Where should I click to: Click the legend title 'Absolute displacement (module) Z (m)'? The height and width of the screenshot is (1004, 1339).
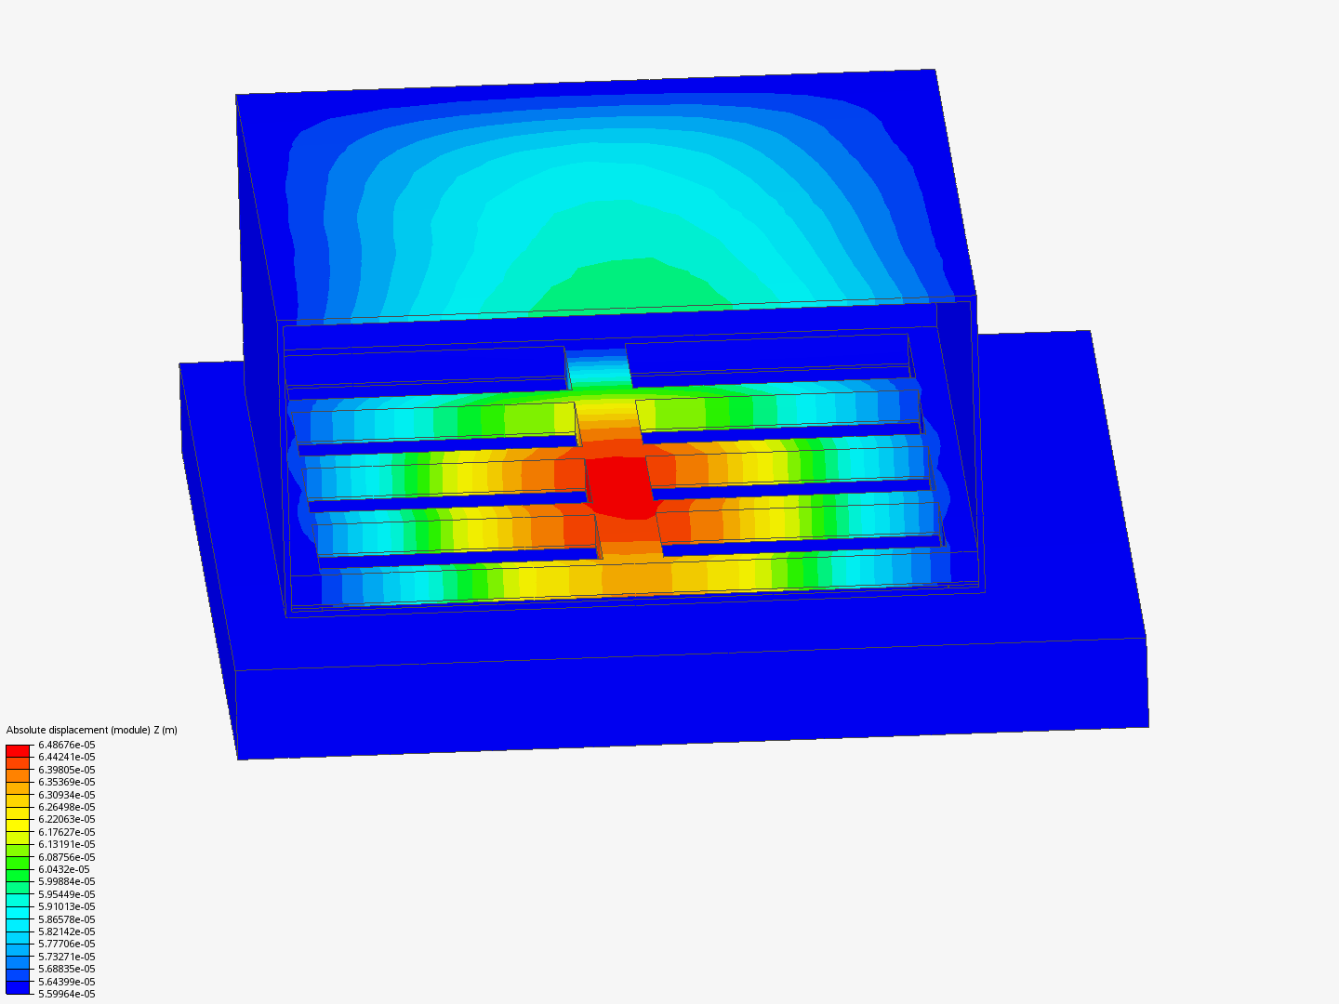coord(91,730)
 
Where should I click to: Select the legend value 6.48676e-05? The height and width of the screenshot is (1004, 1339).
coord(66,745)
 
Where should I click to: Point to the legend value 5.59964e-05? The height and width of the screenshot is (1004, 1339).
coord(66,994)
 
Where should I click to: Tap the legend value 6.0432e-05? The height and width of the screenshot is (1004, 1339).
coord(63,869)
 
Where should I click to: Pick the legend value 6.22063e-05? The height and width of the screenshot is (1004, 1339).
coord(66,819)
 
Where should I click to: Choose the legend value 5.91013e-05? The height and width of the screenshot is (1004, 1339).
coord(66,906)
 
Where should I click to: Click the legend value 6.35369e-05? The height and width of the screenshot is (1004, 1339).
coord(66,782)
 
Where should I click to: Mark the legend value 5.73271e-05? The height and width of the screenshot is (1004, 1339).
coord(66,957)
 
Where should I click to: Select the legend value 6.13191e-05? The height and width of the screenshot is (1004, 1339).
coord(66,844)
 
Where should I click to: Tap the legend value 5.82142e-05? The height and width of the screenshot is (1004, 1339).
coord(66,931)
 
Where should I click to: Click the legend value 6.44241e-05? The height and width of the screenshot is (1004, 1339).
coord(66,757)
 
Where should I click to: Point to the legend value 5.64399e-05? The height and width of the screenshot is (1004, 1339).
coord(66,982)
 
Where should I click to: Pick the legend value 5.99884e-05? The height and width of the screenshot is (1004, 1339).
coord(66,881)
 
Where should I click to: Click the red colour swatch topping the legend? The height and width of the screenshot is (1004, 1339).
coord(18,750)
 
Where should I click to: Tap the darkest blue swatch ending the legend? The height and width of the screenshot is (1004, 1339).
coord(18,988)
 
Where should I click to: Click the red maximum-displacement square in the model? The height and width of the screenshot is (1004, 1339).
coord(620,486)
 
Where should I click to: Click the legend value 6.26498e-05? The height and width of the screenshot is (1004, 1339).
coord(66,807)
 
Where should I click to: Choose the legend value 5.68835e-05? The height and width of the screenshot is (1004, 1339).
coord(66,969)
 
